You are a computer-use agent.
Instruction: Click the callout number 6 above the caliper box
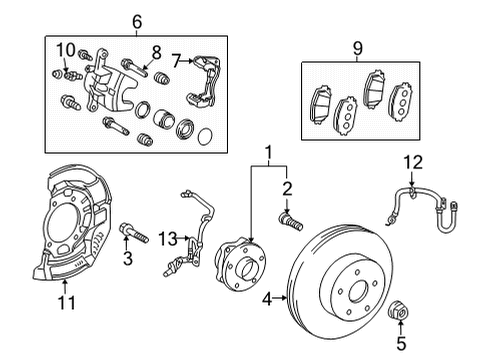click(137, 21)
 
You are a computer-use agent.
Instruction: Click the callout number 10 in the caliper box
click(66, 50)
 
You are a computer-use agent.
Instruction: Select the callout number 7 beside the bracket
click(177, 62)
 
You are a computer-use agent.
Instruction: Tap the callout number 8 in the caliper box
click(155, 51)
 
